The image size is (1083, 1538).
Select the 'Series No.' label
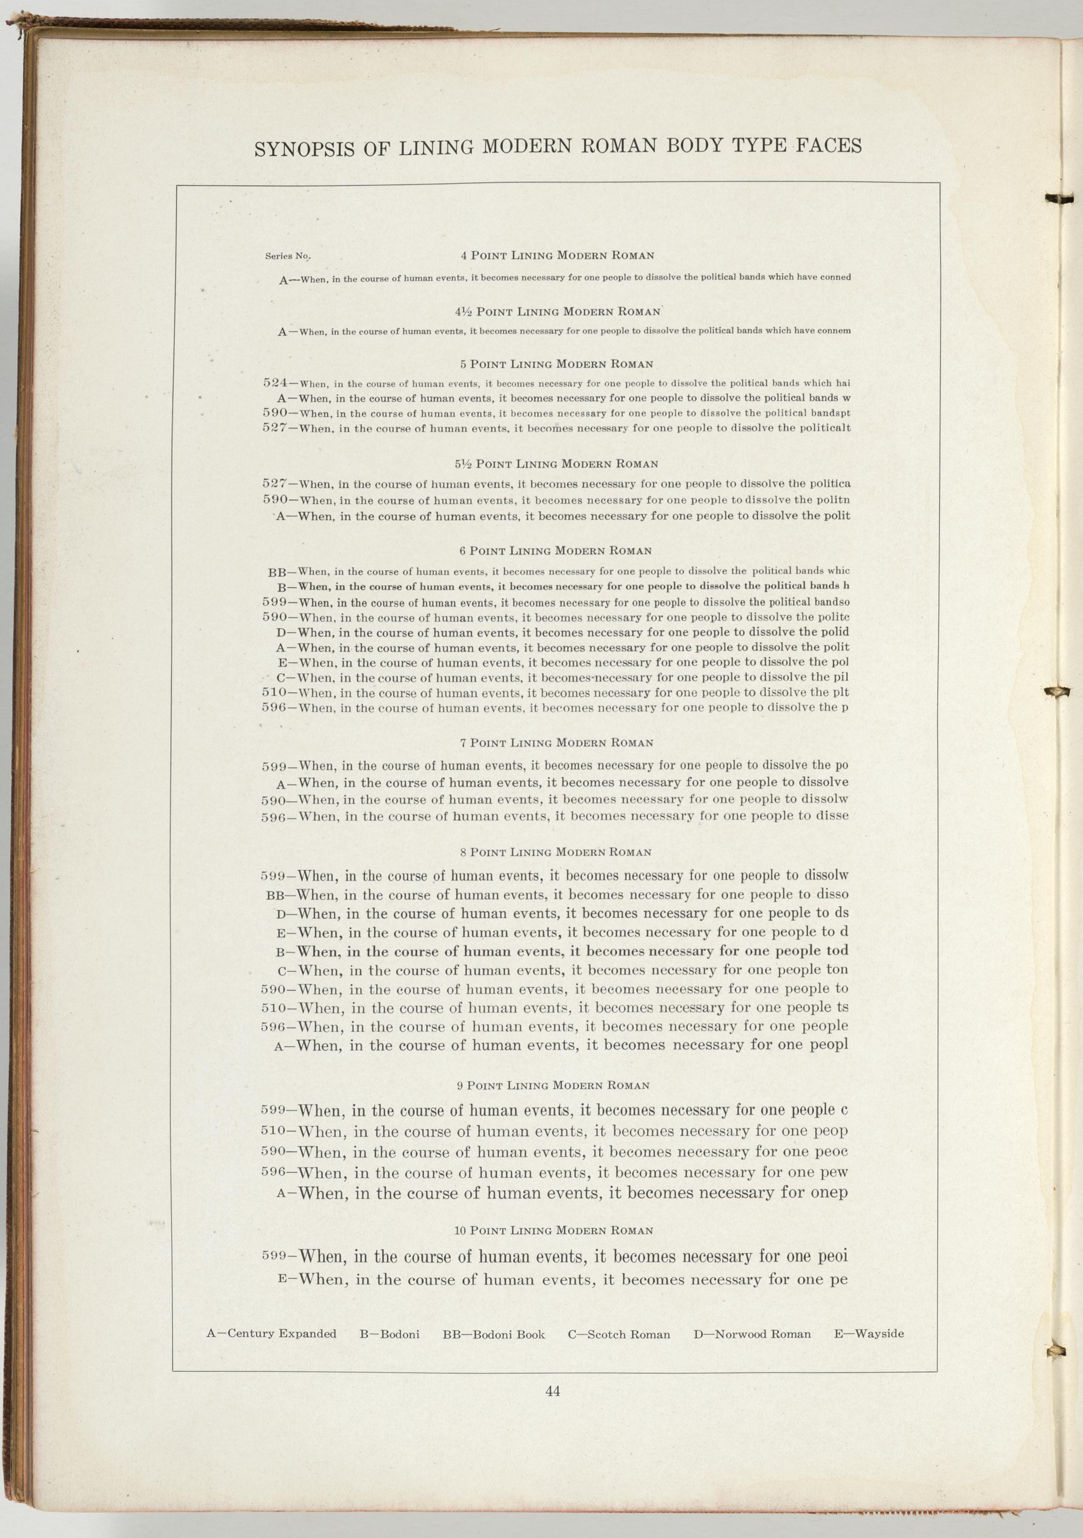click(288, 256)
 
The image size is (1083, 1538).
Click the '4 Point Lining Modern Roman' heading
click(557, 255)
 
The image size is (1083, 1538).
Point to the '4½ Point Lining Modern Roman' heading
click(557, 311)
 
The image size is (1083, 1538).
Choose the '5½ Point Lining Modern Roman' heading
click(557, 464)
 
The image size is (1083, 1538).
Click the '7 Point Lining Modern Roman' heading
click(557, 743)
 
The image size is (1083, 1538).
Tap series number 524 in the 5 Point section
click(275, 383)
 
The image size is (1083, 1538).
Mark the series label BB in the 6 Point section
click(277, 573)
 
